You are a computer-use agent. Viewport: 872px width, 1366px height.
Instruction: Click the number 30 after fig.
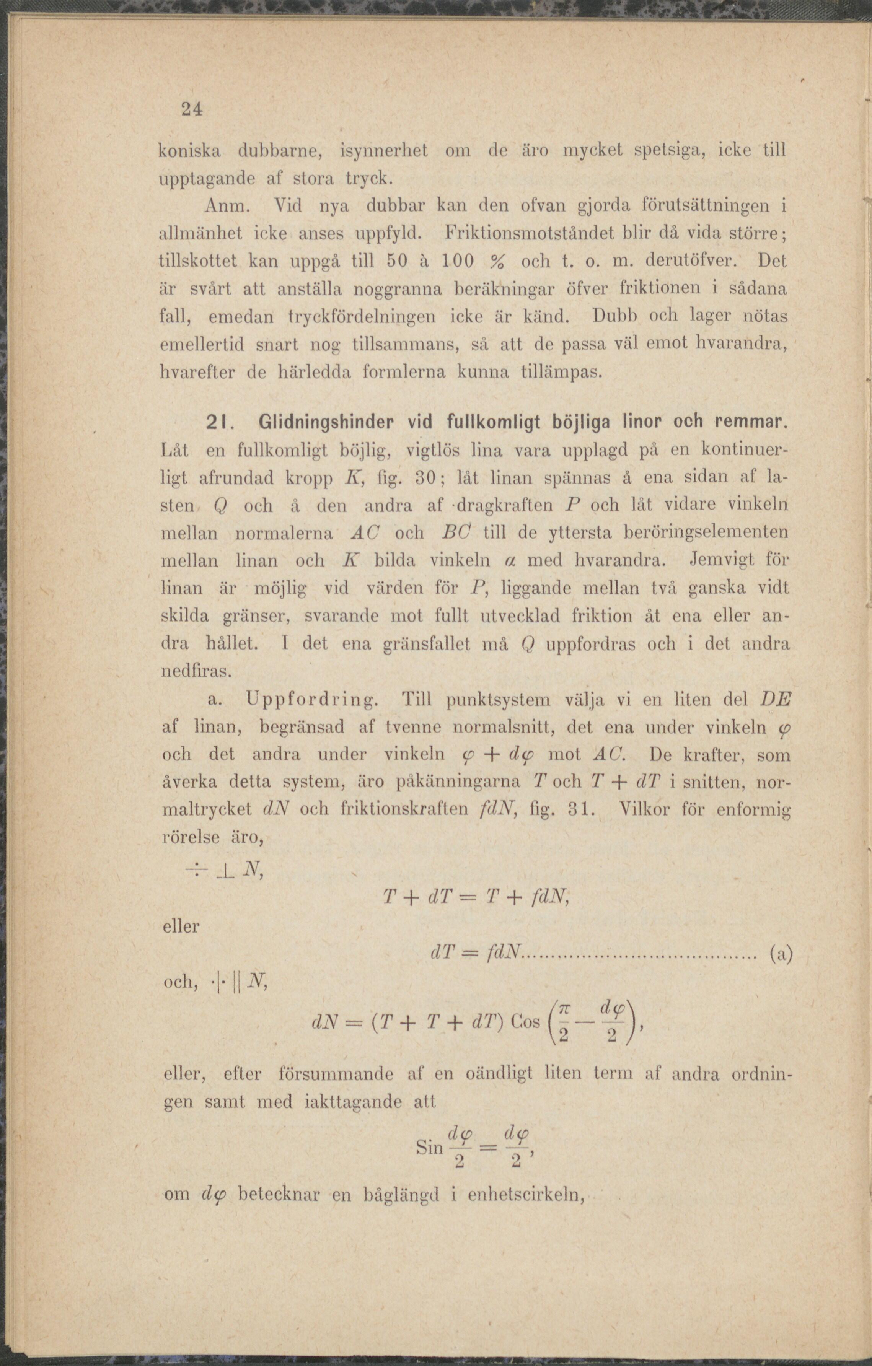point(423,478)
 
